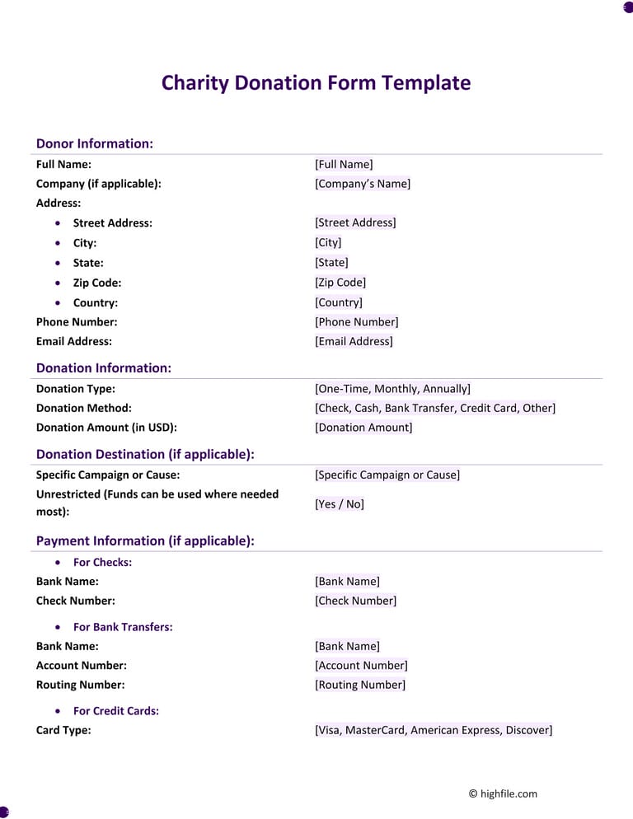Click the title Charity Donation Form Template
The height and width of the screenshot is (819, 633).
point(316,83)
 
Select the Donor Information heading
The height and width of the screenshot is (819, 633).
point(95,143)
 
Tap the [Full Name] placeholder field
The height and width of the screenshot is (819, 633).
point(344,164)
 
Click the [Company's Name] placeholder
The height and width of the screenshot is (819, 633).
point(362,184)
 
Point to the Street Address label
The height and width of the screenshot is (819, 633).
point(112,222)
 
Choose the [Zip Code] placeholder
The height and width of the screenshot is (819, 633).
point(340,283)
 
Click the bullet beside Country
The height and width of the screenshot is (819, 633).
point(57,302)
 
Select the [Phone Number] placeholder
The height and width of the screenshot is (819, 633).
point(356,322)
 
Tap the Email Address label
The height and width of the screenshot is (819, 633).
point(74,341)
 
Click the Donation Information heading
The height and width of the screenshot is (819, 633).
point(104,368)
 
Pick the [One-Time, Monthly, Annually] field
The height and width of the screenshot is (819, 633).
point(392,389)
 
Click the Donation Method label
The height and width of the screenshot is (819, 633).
point(83,408)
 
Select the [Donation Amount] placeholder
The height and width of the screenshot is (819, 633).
point(363,427)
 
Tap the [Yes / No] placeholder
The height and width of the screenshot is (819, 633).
point(339,503)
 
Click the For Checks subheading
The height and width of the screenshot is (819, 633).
point(102,562)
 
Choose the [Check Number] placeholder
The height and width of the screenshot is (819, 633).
point(355,601)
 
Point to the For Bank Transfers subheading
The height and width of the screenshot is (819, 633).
point(123,627)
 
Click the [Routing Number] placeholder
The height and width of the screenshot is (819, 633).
point(360,685)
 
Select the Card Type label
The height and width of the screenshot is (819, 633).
point(63,730)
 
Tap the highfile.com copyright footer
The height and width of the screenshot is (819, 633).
point(503,793)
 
